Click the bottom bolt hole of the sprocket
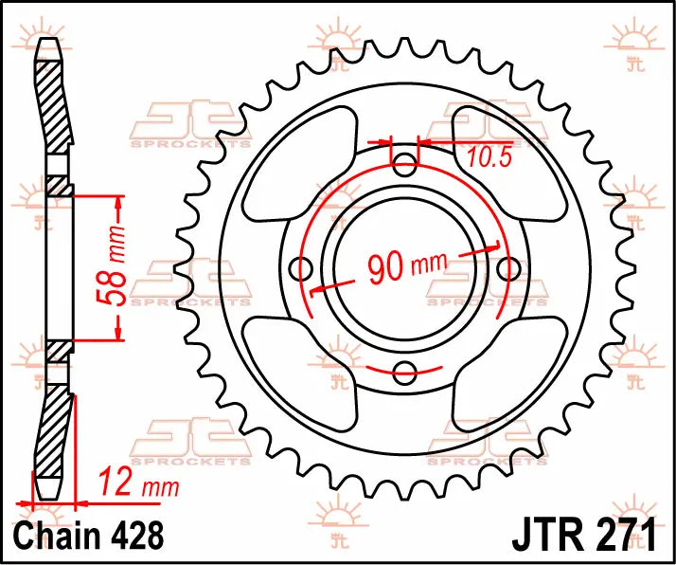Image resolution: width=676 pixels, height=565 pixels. click(x=405, y=370)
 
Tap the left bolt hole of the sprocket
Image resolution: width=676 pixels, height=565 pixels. click(x=304, y=268)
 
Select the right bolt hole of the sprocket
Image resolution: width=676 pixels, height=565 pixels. click(x=507, y=268)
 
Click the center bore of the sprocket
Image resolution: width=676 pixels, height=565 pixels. click(x=405, y=268)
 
